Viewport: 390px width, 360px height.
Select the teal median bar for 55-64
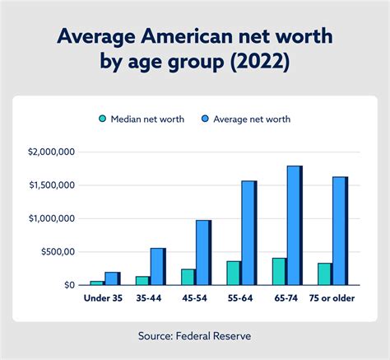[x=234, y=273]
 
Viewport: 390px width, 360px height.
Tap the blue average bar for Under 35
[x=112, y=278]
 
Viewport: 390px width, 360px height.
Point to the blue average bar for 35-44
[x=156, y=266]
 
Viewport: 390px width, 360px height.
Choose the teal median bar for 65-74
[x=279, y=271]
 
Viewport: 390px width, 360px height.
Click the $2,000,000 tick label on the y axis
[x=51, y=152]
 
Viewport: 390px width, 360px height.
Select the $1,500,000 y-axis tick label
[x=51, y=185]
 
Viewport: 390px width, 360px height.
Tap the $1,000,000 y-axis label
[x=51, y=218]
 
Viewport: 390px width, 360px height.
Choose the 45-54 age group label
[x=194, y=298]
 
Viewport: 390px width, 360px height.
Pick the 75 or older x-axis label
[x=332, y=298]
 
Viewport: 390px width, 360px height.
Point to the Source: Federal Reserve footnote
[x=195, y=336]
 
